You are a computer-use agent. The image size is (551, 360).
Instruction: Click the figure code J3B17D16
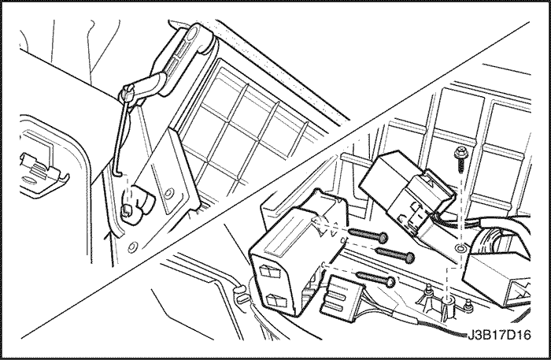499,335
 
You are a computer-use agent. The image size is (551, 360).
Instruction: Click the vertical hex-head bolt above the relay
460,159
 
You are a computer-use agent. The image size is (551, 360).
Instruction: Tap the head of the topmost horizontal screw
383,238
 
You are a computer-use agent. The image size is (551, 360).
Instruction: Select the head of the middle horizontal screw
409,258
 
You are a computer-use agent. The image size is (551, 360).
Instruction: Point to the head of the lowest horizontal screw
390,281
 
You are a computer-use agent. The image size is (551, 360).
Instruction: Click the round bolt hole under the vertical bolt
460,249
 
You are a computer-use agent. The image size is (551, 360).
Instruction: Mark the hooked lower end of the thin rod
118,173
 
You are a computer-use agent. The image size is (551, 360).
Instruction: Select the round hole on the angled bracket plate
169,193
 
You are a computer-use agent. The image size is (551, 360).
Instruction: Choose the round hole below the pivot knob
131,247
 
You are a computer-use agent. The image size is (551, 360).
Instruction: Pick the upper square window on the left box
269,271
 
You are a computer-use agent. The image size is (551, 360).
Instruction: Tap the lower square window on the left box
275,301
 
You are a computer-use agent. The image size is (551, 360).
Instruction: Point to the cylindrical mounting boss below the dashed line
448,306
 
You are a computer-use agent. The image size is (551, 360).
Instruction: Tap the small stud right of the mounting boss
468,306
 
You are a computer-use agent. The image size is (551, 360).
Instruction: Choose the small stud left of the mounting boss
428,291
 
